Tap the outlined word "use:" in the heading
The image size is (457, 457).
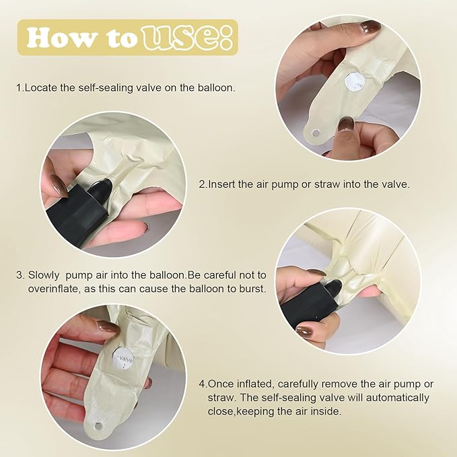187,38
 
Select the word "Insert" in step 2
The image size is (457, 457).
221,184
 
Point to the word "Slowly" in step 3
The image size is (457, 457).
44,275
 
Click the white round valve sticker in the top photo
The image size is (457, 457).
355,82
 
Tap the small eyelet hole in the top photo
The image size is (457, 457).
316,133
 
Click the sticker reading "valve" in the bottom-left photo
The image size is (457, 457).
123,358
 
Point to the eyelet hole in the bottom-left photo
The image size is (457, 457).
98,427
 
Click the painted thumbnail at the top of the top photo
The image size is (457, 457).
370,28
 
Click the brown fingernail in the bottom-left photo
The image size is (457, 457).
108,327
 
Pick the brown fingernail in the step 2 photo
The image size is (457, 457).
59,184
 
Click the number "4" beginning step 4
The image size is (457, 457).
202,384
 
